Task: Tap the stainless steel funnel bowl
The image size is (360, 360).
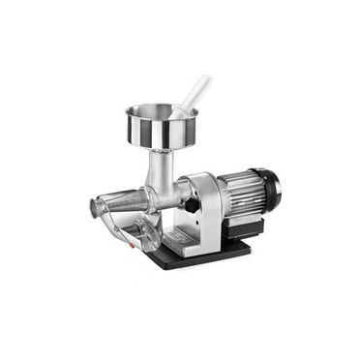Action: coord(162,130)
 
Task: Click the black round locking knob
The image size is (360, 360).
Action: coord(192,205)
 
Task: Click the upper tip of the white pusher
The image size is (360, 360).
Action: coord(205,79)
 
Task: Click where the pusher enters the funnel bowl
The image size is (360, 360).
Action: coord(179,113)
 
